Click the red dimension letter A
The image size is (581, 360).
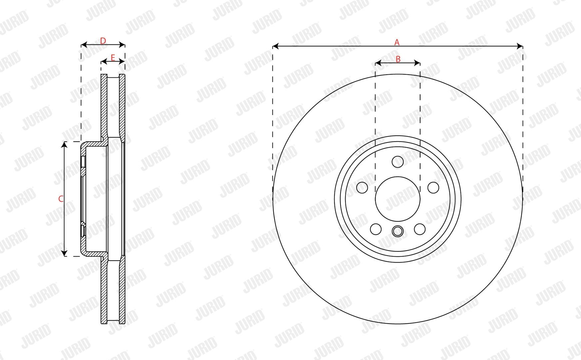397,42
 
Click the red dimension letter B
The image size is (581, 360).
398,59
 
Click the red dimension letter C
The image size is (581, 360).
61,199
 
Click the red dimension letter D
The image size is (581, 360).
103,41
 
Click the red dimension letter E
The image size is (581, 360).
113,58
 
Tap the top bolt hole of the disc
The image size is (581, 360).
397,162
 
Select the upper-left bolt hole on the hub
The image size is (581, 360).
362,187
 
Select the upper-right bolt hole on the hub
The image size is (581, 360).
433,187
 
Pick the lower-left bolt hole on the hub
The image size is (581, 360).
376,229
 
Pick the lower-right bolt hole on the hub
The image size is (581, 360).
420,229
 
